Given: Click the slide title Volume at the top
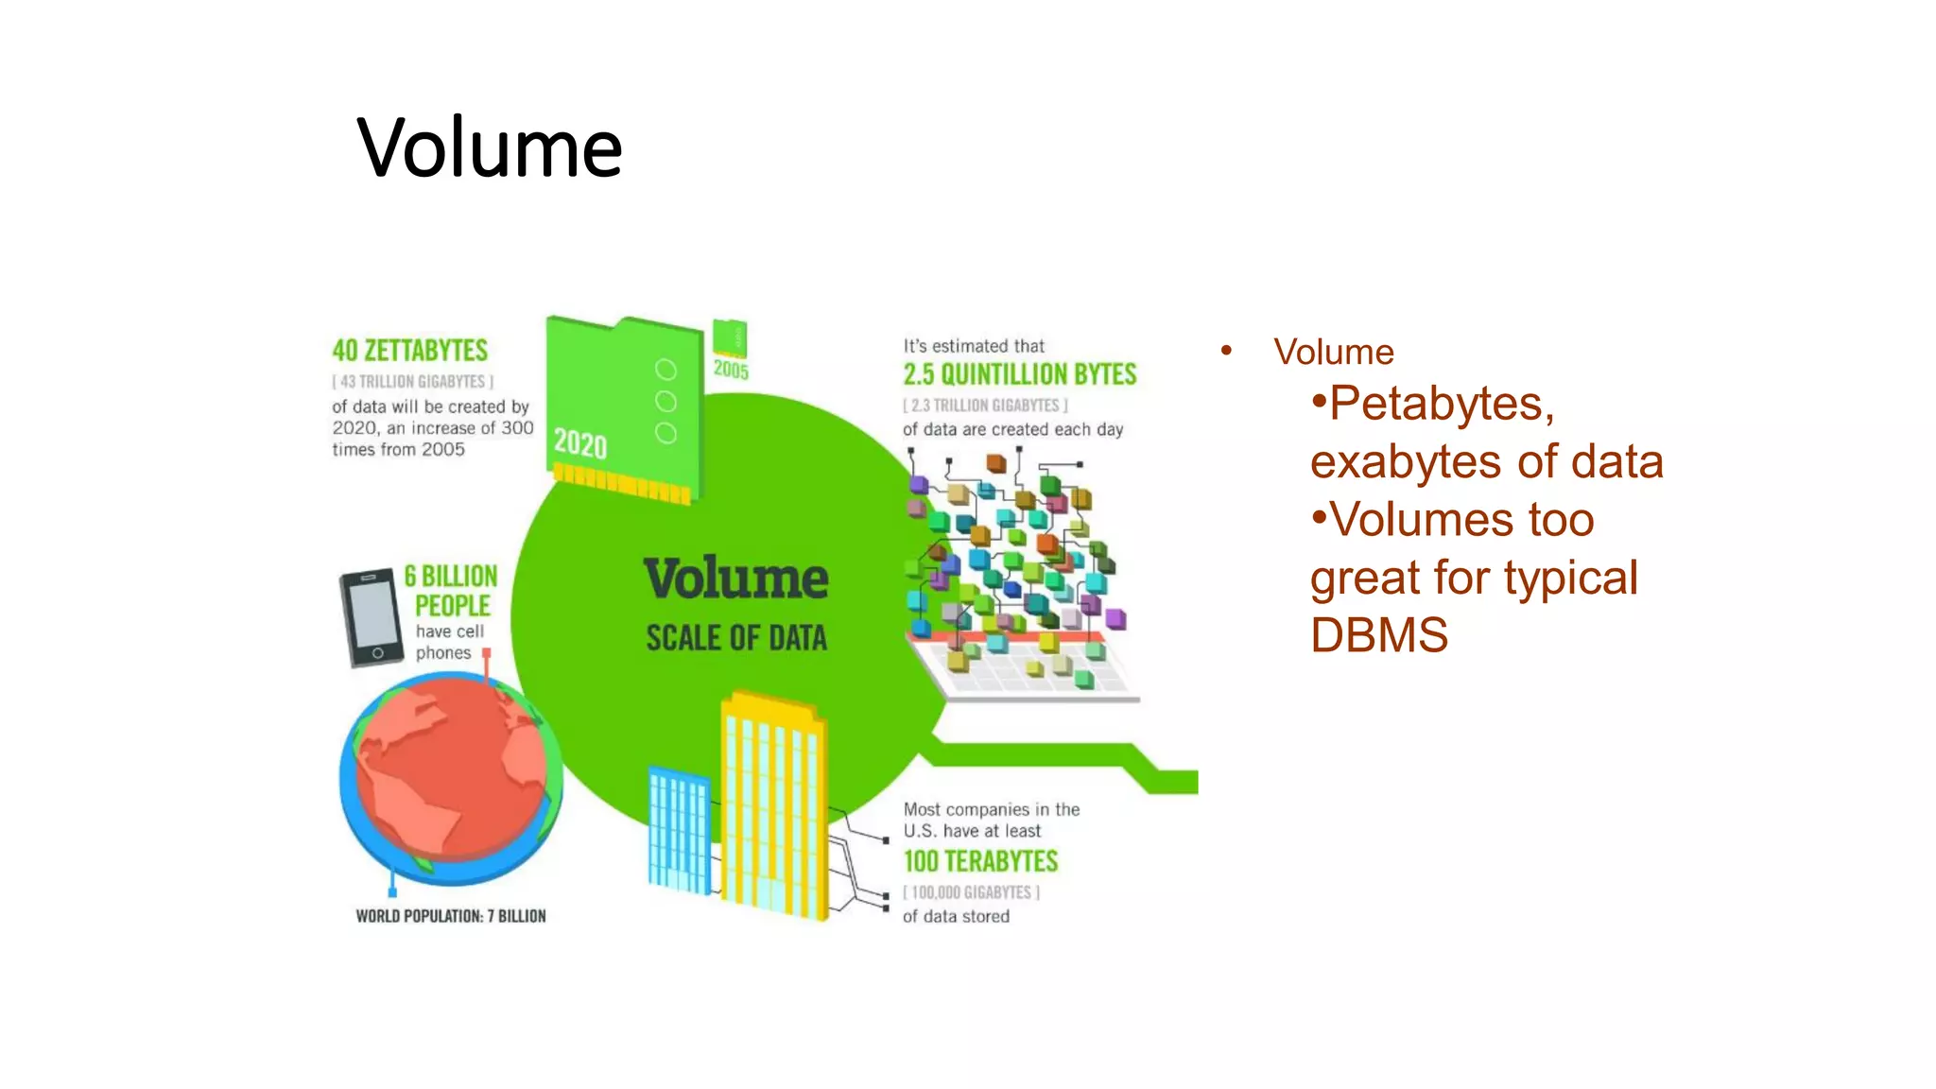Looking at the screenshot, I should tap(490, 147).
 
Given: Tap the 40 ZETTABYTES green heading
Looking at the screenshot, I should tap(409, 351).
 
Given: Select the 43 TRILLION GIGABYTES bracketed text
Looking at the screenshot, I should tap(412, 382).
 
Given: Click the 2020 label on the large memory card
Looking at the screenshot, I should tap(579, 443).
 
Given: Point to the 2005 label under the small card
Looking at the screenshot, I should tap(731, 370).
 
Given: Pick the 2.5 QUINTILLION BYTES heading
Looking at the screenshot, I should tap(1019, 374).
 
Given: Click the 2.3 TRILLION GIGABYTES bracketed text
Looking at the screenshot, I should tap(985, 406).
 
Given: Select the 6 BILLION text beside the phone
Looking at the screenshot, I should tap(451, 576).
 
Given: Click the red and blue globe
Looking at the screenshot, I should tap(450, 777).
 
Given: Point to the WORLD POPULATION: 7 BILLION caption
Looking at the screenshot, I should tap(450, 916).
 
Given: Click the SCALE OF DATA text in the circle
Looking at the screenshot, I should tap(735, 638).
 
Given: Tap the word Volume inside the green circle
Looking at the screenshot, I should tap(735, 579).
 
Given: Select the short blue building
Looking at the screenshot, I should tap(678, 829).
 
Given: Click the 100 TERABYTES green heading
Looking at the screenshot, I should tap(980, 861).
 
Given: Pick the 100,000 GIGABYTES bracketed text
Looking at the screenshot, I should tap(971, 892).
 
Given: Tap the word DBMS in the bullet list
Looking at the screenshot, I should tap(1378, 635).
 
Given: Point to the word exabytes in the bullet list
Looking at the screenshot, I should tap(1406, 462).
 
